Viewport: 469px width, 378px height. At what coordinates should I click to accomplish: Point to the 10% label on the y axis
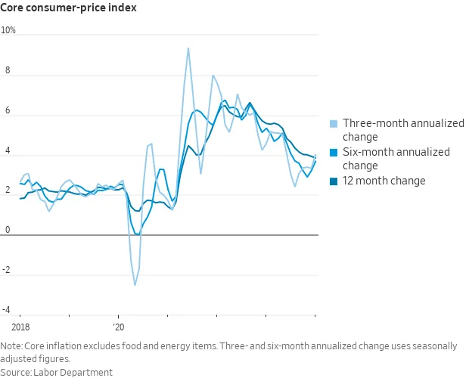[x=8, y=31]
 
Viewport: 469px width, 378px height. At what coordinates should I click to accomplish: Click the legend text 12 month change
[x=384, y=181]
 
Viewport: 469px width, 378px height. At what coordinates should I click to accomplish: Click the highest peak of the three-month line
[x=188, y=48]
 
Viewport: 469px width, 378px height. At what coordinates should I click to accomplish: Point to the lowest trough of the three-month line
[x=135, y=285]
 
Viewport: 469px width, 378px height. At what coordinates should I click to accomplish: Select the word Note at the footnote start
[x=11, y=346]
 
